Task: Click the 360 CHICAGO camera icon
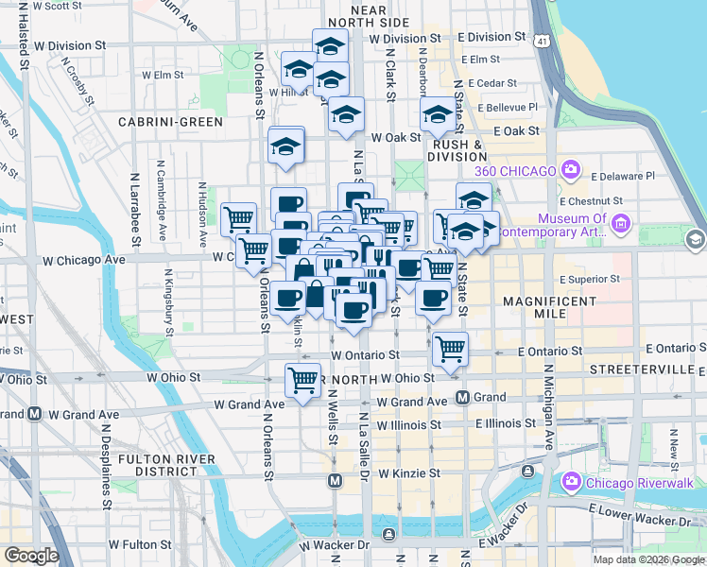(570, 170)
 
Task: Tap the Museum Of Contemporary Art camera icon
(621, 224)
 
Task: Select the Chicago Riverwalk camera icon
(570, 483)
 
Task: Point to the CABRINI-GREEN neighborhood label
(170, 122)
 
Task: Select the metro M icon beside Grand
(463, 397)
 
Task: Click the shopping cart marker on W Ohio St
(302, 381)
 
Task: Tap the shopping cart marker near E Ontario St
(451, 349)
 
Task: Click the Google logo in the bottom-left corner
(30, 556)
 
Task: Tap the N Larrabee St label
(134, 208)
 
